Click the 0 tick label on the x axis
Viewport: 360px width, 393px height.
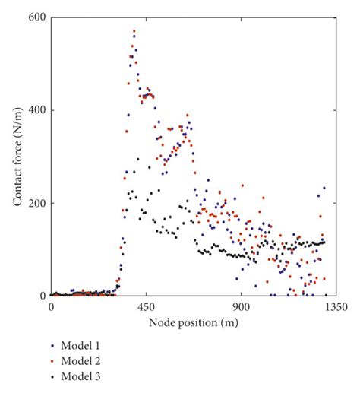(x=51, y=307)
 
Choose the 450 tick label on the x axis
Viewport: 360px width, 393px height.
(x=147, y=307)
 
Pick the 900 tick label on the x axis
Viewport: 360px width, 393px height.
(x=242, y=307)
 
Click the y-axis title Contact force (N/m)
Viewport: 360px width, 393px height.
(x=15, y=157)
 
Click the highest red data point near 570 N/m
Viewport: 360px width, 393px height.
(x=134, y=32)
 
